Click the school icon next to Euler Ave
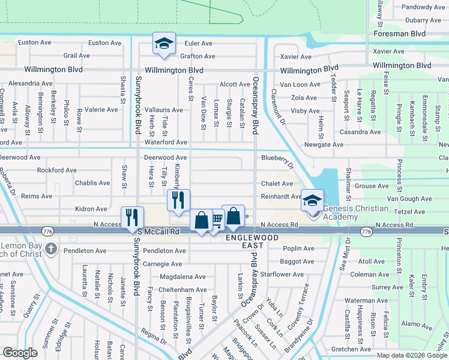pos(163,43)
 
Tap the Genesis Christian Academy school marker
pos(312,201)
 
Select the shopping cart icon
pos(217,220)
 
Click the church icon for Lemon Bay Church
pos(51,248)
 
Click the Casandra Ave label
pos(360,132)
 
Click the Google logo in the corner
pos(20,353)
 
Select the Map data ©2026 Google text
pos(411,355)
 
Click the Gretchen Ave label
pos(351,349)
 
